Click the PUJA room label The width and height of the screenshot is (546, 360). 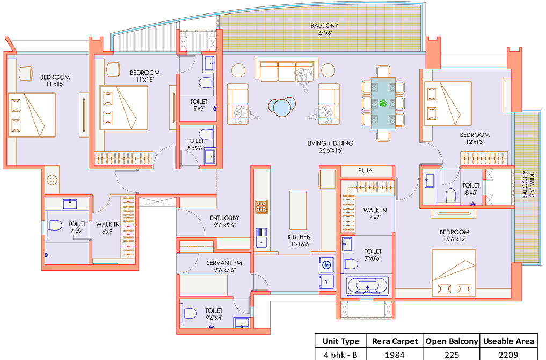coord(365,170)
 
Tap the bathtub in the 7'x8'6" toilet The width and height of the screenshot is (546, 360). coord(367,286)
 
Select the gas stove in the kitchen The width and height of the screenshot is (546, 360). coord(261,207)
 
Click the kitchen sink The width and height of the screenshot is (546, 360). coord(261,237)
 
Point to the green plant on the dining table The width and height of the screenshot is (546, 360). coord(383,103)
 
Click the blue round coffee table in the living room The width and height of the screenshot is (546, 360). coord(282,106)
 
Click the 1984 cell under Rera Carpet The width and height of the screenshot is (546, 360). coord(395,355)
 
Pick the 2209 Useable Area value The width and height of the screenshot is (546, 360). coord(508,355)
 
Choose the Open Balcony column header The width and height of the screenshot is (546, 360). coord(452,341)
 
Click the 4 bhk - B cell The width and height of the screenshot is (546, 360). coord(340,355)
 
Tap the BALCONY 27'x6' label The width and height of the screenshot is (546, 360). coord(324,29)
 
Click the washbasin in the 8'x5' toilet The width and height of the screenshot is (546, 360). coord(429,180)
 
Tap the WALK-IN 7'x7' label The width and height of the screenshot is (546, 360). coord(375,214)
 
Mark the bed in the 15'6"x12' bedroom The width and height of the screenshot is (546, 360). coord(454,273)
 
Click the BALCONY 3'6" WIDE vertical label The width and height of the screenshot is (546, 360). coord(528,184)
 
